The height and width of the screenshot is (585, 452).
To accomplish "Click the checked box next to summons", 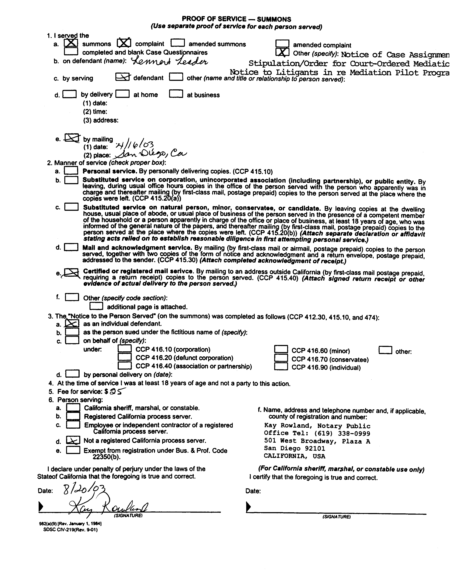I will point(71,43).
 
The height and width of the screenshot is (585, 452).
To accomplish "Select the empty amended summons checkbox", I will point(178,43).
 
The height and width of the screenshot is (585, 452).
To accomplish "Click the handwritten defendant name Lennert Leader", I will point(169,62).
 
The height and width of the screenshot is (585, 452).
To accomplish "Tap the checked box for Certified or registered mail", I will point(71,272).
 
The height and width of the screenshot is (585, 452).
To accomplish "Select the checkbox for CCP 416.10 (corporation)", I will point(125,349).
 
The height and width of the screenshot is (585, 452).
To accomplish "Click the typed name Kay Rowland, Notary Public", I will point(317,426).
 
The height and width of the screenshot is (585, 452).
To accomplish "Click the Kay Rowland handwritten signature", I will point(107,508).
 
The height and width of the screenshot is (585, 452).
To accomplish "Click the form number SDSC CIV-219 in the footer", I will point(70,530).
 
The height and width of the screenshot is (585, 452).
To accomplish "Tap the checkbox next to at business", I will point(176,94).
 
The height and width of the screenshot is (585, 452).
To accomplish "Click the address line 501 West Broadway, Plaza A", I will point(317,441).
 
